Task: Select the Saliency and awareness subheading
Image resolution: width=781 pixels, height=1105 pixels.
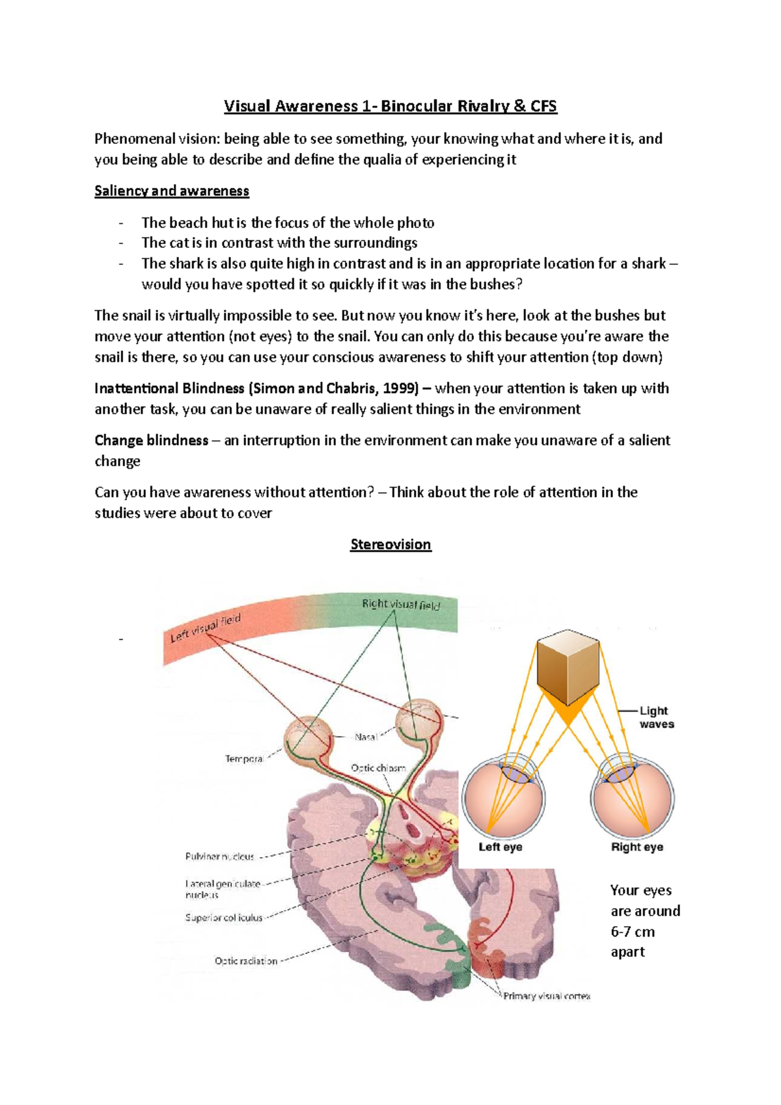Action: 172,191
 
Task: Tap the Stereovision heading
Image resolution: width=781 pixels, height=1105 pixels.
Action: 390,544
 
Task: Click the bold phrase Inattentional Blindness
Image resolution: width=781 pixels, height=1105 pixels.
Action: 169,389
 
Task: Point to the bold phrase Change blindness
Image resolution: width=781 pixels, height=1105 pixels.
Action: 151,441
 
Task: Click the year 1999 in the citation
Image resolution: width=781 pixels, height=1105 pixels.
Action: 397,389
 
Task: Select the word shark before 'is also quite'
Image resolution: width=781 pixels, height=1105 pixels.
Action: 186,264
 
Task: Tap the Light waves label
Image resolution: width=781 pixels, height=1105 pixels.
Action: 656,717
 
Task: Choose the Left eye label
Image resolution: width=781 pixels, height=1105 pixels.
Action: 500,847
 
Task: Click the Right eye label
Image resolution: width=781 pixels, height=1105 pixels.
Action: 637,847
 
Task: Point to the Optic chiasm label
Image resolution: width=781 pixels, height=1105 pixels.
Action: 378,768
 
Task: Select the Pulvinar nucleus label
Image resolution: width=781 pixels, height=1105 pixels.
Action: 219,856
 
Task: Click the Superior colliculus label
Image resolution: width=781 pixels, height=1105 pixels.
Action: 223,918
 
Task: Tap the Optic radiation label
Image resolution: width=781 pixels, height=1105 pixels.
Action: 245,961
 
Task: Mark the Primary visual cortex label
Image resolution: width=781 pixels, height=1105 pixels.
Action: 547,996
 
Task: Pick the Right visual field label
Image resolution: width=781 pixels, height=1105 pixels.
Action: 401,605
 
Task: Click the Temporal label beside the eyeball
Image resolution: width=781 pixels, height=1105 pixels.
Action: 244,758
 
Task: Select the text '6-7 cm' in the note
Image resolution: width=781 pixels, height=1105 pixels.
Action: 633,931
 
